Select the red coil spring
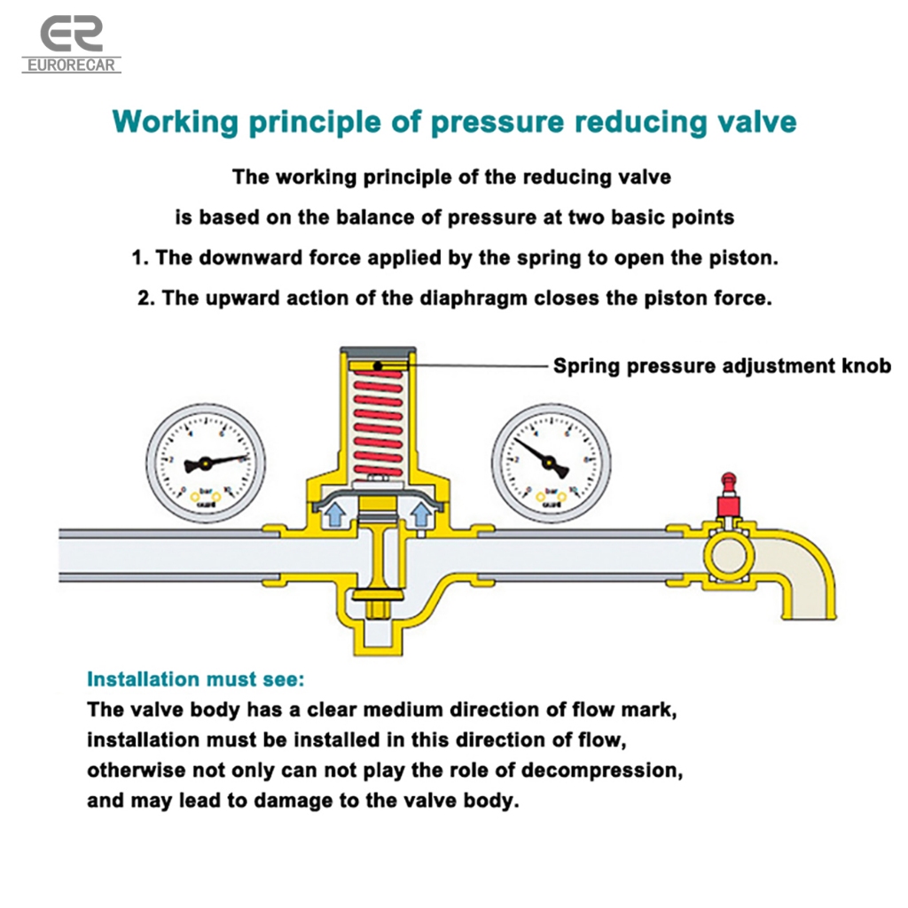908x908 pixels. click(377, 426)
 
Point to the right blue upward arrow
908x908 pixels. click(421, 515)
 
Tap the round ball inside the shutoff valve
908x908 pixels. click(729, 560)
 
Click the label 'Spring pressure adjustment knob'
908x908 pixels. click(722, 365)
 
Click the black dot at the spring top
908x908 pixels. click(377, 365)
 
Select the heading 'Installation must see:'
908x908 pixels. click(195, 680)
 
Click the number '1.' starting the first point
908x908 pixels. click(140, 258)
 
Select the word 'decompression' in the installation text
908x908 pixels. click(611, 770)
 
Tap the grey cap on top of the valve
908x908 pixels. click(377, 353)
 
